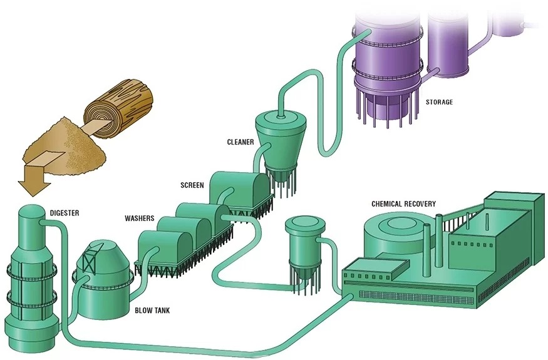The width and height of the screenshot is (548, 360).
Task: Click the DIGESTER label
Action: (x=65, y=213)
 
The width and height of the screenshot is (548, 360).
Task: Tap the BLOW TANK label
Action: (x=153, y=309)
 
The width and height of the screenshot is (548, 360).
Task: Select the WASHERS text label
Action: (x=140, y=219)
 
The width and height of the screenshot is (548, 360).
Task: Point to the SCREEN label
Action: (x=192, y=185)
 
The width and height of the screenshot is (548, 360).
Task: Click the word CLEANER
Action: (x=240, y=142)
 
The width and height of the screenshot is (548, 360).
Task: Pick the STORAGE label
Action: (x=439, y=102)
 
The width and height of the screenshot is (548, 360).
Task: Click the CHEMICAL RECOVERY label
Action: (x=404, y=204)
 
